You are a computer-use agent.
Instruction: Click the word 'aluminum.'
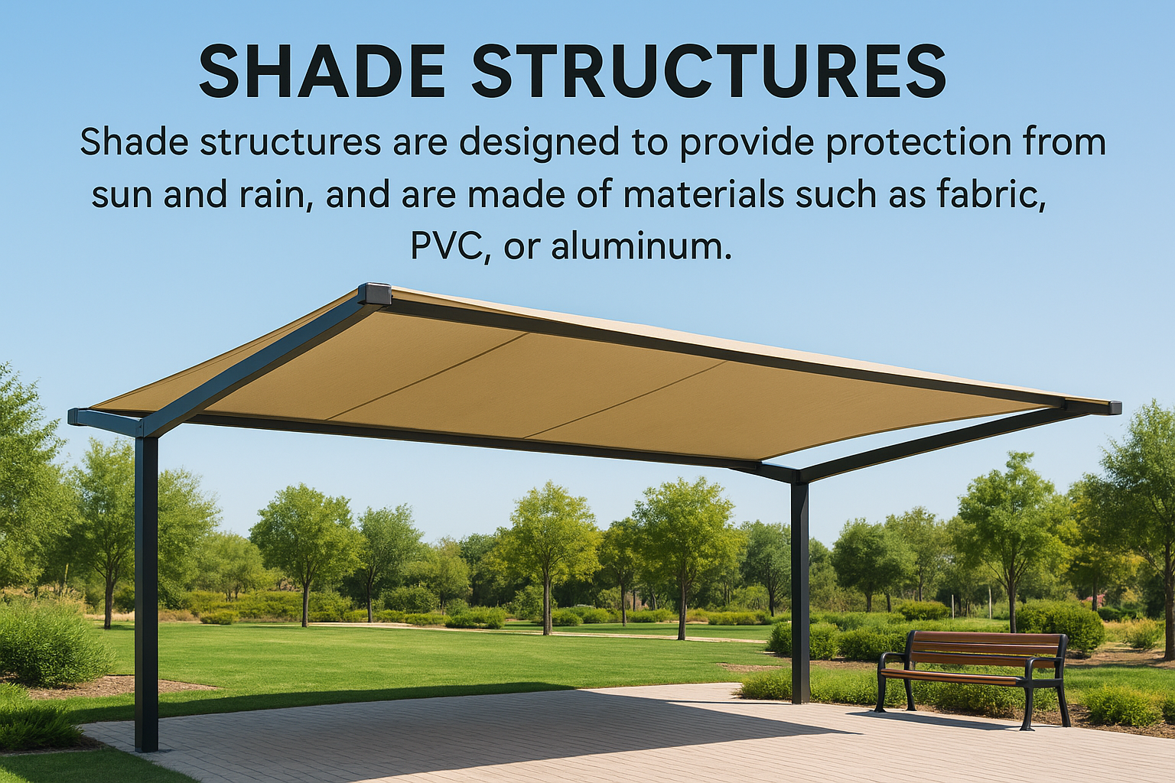pyautogui.click(x=640, y=246)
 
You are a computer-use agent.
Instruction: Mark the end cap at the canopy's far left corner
pyautogui.click(x=79, y=417)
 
